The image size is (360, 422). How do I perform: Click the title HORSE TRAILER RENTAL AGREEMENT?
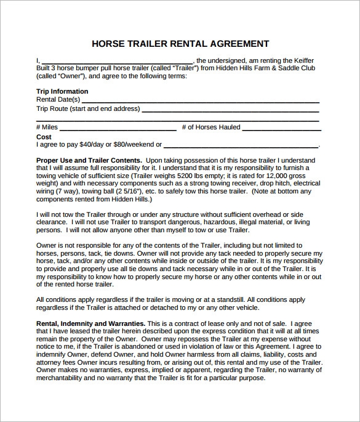pos(180,44)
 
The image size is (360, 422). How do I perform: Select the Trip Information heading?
pos(62,91)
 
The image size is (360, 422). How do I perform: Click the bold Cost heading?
pos(44,137)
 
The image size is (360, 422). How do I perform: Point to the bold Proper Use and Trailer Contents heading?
pos(89,160)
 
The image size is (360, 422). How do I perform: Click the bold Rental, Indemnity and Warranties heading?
pos(91,323)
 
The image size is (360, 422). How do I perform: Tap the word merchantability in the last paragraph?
pos(65,378)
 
